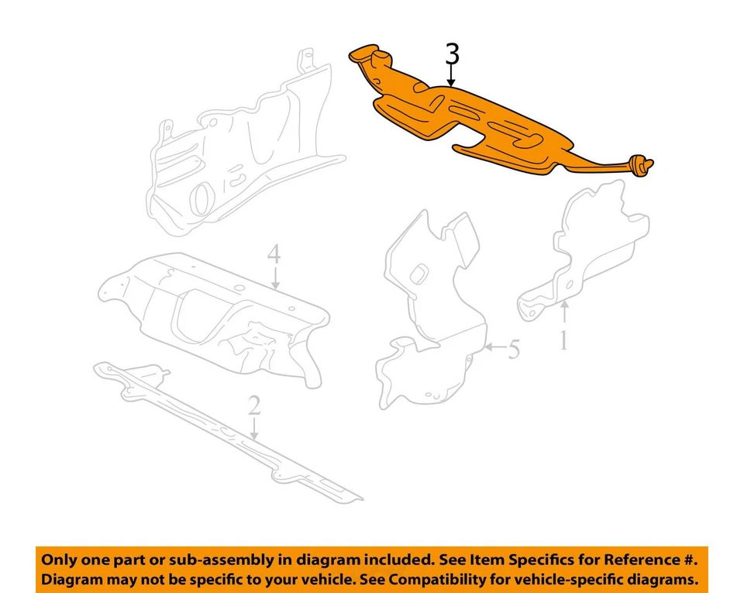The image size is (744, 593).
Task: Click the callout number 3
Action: point(452,54)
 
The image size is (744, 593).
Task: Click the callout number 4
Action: point(273,253)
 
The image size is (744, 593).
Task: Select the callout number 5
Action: point(513,350)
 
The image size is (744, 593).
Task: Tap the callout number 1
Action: point(564,340)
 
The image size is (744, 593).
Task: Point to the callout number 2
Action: point(253,406)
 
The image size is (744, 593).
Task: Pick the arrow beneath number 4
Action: point(273,278)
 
